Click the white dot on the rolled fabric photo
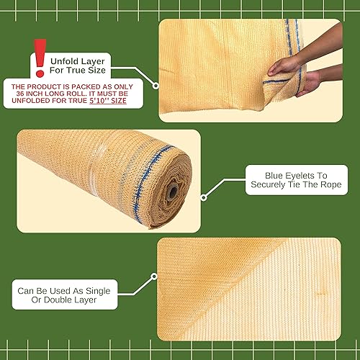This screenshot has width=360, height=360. pyautogui.click(x=204, y=196)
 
